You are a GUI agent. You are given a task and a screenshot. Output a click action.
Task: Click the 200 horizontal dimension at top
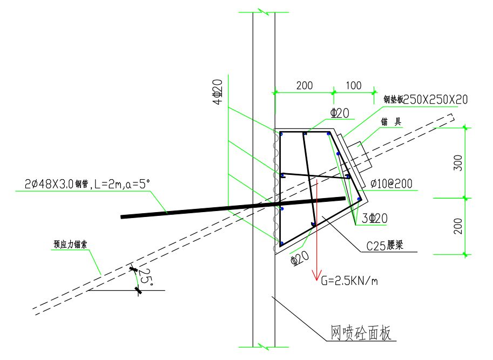click(x=305, y=85)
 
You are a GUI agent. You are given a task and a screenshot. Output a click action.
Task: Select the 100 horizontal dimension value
click(x=354, y=85)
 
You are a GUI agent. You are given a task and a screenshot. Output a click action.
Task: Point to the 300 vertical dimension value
click(x=457, y=163)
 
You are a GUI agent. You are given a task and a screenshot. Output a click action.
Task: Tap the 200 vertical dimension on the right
click(x=457, y=226)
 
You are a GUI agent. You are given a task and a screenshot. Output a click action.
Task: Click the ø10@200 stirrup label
click(x=391, y=184)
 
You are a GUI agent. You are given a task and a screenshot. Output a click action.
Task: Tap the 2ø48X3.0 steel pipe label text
click(x=86, y=184)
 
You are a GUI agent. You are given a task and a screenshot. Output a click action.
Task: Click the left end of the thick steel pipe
click(x=122, y=217)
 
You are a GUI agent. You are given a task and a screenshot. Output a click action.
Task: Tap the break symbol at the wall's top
click(x=264, y=12)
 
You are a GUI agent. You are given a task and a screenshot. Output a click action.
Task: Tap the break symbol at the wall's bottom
click(x=264, y=345)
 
